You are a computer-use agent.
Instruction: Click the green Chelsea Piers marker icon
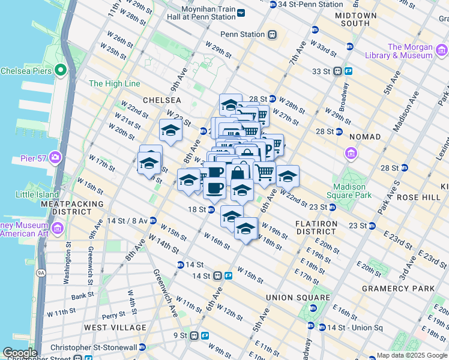click(60, 71)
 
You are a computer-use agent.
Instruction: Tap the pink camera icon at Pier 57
click(56, 158)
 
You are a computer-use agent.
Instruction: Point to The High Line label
click(114, 83)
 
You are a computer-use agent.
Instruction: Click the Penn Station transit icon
click(272, 34)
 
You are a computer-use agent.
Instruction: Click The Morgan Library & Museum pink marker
click(427, 55)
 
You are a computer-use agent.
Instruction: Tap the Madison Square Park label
click(349, 191)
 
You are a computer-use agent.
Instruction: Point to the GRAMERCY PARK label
click(399, 289)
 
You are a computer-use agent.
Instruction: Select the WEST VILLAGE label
click(115, 328)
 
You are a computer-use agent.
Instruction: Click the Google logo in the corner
click(19, 353)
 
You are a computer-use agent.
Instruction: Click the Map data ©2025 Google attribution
click(412, 355)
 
